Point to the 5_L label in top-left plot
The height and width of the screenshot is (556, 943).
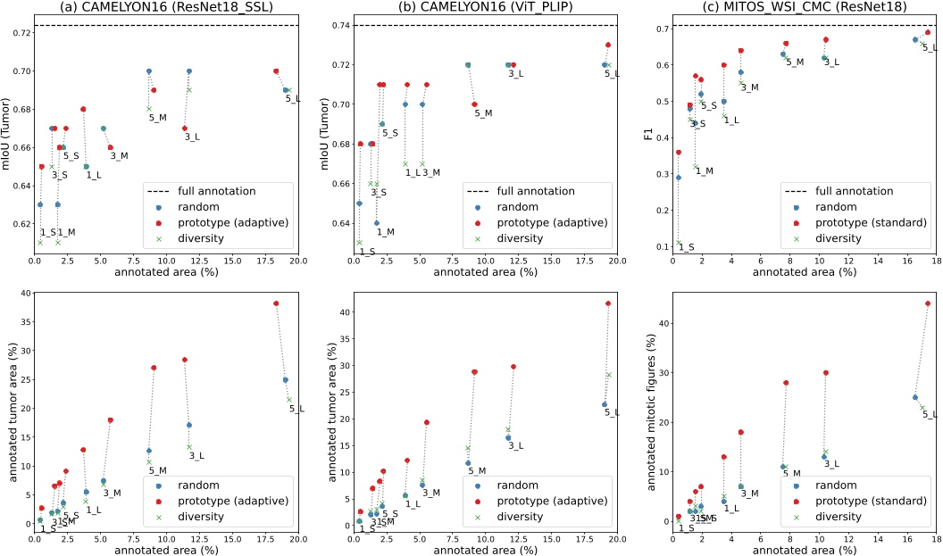[x=293, y=99]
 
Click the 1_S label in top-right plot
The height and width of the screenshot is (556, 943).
[x=686, y=246]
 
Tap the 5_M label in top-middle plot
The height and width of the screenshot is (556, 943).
[x=483, y=113]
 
